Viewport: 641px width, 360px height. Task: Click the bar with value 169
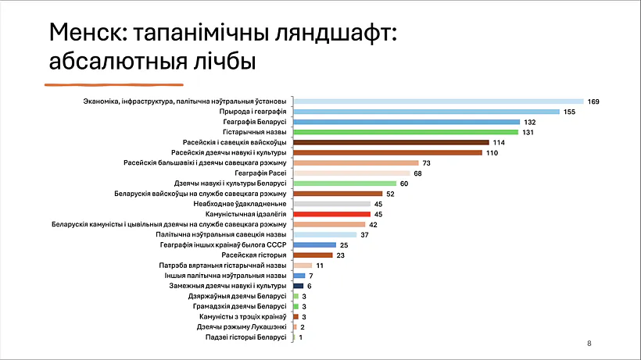pyautogui.click(x=438, y=102)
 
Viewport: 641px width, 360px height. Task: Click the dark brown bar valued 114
pyautogui.click(x=391, y=142)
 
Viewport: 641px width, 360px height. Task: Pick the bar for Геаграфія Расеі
pyautogui.click(x=351, y=173)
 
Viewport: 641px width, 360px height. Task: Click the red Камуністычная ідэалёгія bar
pyautogui.click(x=331, y=213)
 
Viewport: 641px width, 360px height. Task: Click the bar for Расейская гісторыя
pyautogui.click(x=313, y=255)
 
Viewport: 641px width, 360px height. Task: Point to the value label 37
pyautogui.click(x=365, y=234)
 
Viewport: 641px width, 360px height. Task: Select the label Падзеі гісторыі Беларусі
pyautogui.click(x=246, y=337)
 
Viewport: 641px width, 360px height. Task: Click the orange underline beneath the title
pyautogui.click(x=113, y=82)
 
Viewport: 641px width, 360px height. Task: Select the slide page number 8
pyautogui.click(x=589, y=344)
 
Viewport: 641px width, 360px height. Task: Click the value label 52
pyautogui.click(x=390, y=193)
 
